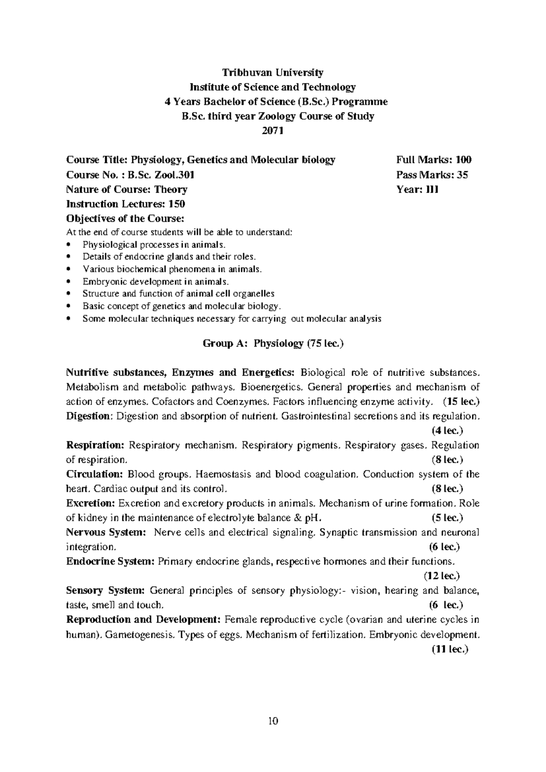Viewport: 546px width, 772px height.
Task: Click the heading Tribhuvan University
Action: (x=273, y=72)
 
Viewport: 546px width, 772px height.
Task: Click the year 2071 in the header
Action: (x=273, y=131)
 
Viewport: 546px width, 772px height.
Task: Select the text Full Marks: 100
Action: (x=434, y=160)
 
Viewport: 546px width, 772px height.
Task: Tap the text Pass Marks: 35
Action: (x=432, y=175)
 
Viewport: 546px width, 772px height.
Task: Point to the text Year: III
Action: (x=417, y=189)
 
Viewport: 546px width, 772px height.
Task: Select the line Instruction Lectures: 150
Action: (x=126, y=204)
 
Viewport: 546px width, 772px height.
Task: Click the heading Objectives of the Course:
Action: (x=125, y=218)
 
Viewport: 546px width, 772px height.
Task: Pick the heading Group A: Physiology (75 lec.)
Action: (x=273, y=344)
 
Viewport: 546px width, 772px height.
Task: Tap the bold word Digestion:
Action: (x=89, y=416)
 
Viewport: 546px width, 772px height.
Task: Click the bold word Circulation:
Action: (x=95, y=474)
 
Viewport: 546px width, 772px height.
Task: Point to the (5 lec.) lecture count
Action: (x=447, y=518)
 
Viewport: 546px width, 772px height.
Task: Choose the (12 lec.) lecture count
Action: (x=442, y=576)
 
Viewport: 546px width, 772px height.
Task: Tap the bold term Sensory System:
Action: (x=105, y=591)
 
